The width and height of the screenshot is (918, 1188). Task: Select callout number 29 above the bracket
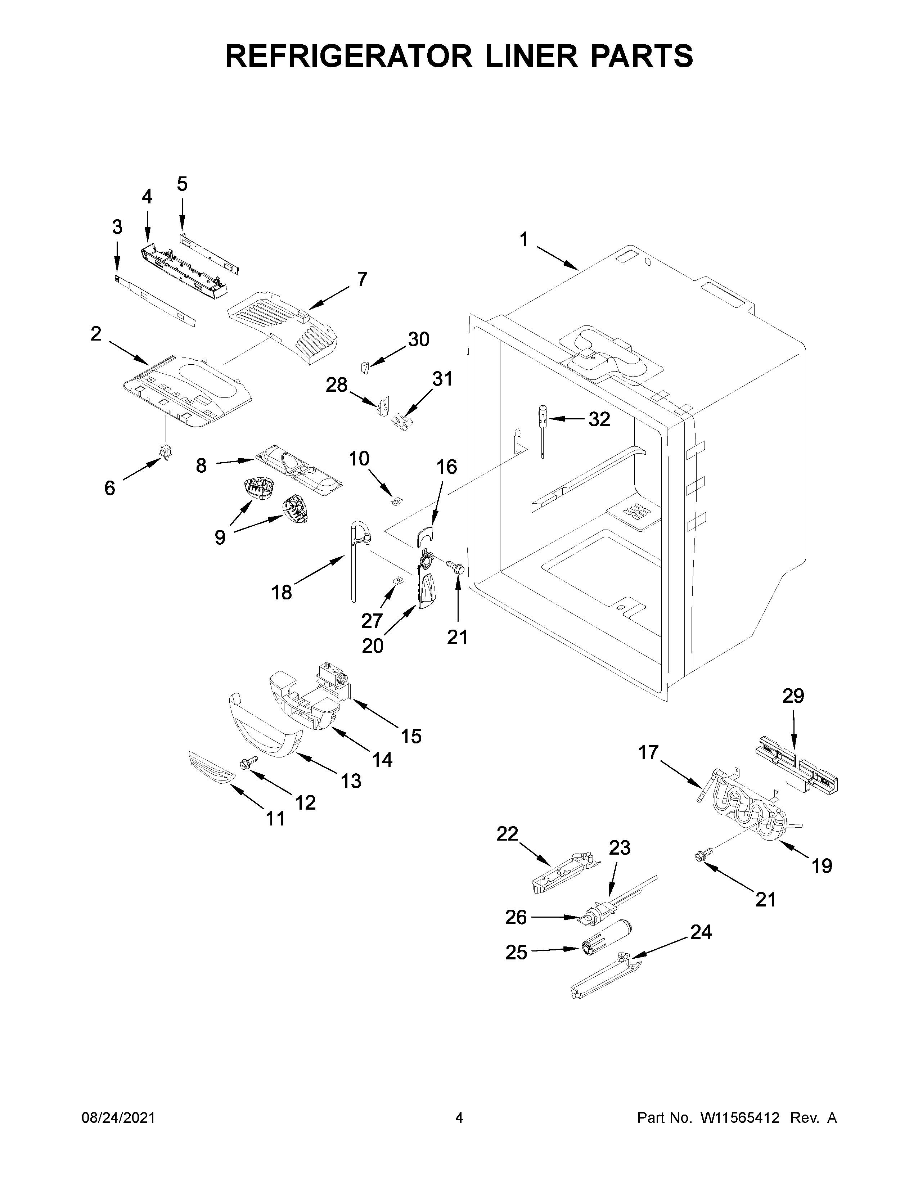click(x=793, y=696)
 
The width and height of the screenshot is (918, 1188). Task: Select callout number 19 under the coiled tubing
click(x=822, y=865)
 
